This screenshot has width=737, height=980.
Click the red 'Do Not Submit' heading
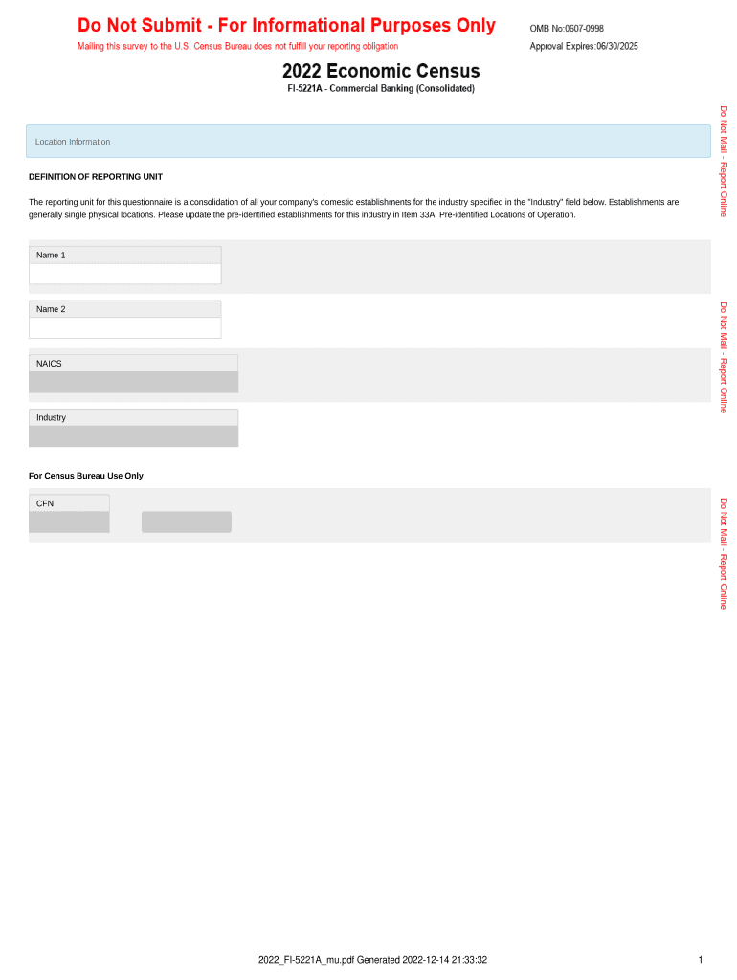tap(286, 26)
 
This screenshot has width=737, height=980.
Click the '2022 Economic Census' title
tap(381, 72)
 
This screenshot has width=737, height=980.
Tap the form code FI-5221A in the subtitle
tap(306, 89)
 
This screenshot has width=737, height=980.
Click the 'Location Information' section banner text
tap(73, 142)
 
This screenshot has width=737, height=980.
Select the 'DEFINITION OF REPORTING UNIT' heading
tap(96, 177)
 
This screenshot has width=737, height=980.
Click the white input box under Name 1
tap(125, 274)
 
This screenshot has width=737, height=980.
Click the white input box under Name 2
tap(125, 328)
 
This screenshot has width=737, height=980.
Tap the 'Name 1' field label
tap(51, 256)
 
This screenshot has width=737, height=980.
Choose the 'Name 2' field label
tap(51, 310)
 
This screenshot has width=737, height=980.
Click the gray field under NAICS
tap(133, 382)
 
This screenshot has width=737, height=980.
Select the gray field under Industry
tap(133, 436)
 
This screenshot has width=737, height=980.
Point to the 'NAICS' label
tap(49, 364)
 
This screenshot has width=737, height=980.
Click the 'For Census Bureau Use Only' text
tap(86, 476)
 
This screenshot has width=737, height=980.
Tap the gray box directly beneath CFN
tap(69, 522)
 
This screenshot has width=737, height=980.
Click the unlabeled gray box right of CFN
tap(187, 522)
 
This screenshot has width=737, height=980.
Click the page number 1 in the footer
tap(701, 960)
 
